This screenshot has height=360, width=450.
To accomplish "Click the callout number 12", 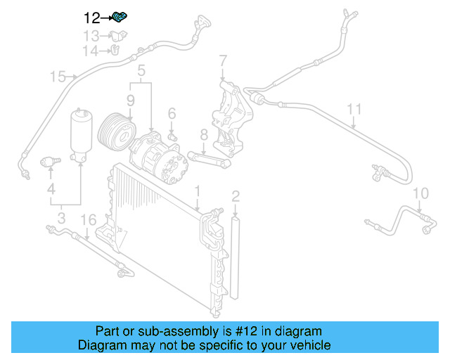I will click(92, 18).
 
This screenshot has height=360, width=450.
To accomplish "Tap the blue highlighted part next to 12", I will click(120, 17).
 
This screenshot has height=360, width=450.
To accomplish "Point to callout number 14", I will click(91, 51).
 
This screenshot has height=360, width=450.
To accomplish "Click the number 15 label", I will click(58, 76).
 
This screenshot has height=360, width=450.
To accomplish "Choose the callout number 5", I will click(141, 70).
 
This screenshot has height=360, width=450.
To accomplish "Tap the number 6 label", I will click(171, 113).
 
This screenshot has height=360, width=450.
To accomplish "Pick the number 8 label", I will click(203, 134).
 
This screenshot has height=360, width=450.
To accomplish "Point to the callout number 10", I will click(420, 193).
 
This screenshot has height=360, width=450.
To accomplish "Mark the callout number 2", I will click(236, 195).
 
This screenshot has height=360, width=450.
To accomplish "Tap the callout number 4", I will click(51, 188).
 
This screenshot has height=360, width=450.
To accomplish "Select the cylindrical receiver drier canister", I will click(82, 134).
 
